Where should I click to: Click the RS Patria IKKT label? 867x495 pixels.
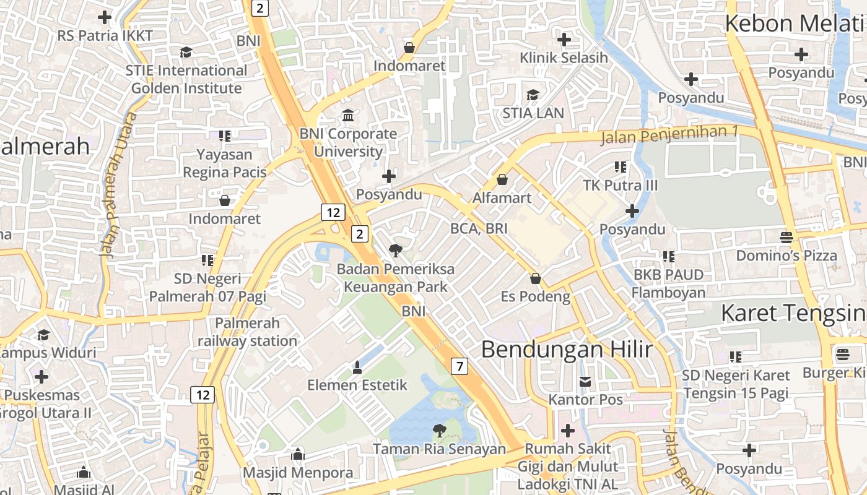click(105, 35)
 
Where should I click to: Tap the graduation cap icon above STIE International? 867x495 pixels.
click(186, 52)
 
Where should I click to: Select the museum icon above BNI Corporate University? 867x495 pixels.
click(348, 115)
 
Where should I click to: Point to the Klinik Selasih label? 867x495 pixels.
click(564, 58)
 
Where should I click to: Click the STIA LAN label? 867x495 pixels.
click(533, 113)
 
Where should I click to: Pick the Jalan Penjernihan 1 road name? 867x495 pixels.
click(669, 134)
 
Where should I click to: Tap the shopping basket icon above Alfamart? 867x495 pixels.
click(502, 179)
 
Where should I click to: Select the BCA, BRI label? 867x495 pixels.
click(479, 228)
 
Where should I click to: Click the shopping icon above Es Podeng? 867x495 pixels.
click(536, 278)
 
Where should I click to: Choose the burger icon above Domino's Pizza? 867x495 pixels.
click(786, 237)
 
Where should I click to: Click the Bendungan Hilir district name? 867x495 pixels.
click(567, 349)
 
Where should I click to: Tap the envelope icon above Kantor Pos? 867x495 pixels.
click(585, 381)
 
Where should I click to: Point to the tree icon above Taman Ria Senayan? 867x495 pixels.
click(440, 430)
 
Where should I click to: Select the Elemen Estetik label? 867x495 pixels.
click(357, 385)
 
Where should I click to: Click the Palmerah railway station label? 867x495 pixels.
click(248, 332)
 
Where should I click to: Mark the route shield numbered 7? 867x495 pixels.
click(459, 366)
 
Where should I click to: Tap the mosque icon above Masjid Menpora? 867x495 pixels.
click(298, 454)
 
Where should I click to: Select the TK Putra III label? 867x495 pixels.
click(621, 185)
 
